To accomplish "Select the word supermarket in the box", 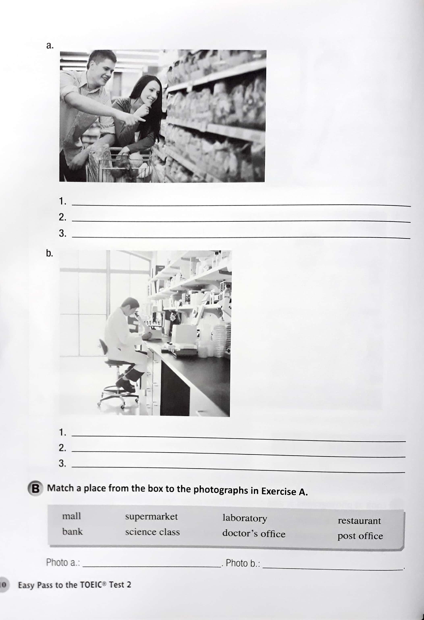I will point(151,517).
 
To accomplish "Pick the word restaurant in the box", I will point(359,521).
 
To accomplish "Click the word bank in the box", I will point(72,531).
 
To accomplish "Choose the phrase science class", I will point(153,532).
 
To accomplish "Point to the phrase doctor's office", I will point(254,534).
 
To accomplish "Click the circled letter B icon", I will point(35,489).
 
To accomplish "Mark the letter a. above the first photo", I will point(50,46).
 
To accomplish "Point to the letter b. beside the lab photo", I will point(50,253).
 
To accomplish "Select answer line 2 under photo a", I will point(240,221).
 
